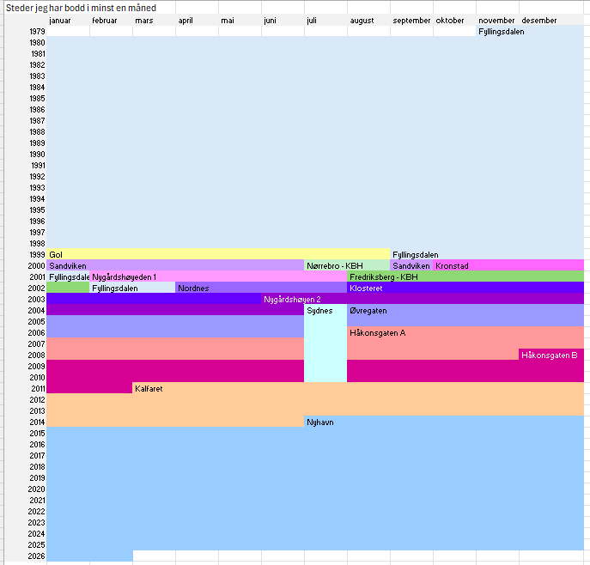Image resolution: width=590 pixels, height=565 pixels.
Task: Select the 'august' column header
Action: (x=362, y=21)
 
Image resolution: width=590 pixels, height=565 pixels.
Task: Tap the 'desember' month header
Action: (x=539, y=21)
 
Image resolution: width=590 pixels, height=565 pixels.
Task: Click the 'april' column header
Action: (x=186, y=21)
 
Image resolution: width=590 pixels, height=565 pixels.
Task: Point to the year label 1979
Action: (x=37, y=32)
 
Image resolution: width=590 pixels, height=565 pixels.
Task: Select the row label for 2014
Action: (x=37, y=422)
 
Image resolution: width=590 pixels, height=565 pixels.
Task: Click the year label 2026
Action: (x=37, y=556)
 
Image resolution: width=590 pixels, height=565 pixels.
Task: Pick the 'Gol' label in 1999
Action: (x=56, y=255)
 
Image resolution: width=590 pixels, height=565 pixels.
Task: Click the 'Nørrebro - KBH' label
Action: (x=335, y=266)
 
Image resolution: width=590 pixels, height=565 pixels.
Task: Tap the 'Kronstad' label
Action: (x=452, y=266)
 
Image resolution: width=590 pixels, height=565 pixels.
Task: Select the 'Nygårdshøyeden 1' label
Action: (x=125, y=277)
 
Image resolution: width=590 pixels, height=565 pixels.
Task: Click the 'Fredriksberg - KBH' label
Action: (x=383, y=277)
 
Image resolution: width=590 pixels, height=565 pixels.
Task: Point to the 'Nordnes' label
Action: (x=193, y=289)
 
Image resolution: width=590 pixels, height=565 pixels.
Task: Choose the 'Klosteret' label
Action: (x=366, y=289)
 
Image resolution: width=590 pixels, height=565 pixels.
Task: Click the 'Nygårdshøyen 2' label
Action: (x=292, y=300)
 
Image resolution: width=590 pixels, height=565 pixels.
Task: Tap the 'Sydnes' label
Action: (x=319, y=311)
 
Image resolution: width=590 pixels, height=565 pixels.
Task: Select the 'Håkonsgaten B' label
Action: (x=550, y=355)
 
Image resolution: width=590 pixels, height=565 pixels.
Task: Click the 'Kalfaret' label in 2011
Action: (x=149, y=389)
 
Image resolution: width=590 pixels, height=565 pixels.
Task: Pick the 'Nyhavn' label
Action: (x=320, y=422)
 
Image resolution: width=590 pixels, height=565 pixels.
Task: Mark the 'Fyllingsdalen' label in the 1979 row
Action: (x=502, y=32)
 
